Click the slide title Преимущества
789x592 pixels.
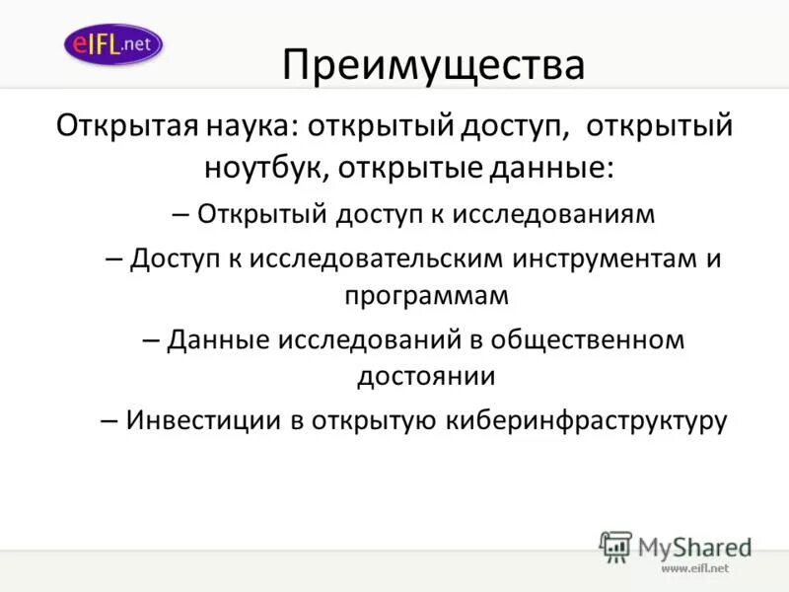pyautogui.click(x=433, y=66)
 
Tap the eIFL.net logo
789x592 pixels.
pyautogui.click(x=112, y=43)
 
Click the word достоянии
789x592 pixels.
pyautogui.click(x=426, y=376)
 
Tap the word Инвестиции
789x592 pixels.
pyautogui.click(x=203, y=421)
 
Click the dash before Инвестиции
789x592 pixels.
pyautogui.click(x=109, y=421)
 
